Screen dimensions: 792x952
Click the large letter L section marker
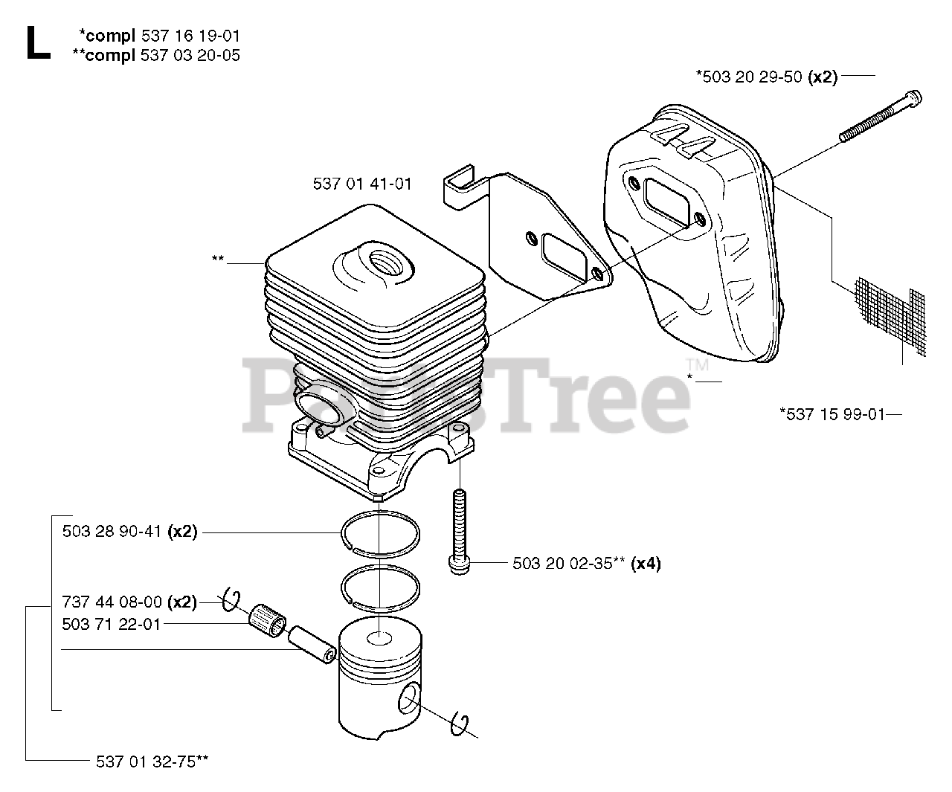(x=37, y=43)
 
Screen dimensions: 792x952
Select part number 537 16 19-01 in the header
(x=190, y=35)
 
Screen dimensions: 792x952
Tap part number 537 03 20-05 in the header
(x=190, y=55)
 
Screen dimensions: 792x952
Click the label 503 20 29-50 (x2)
(x=766, y=76)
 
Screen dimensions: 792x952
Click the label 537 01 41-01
(x=362, y=183)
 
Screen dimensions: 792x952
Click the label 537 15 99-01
(x=832, y=414)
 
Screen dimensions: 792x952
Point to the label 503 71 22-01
(x=112, y=624)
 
